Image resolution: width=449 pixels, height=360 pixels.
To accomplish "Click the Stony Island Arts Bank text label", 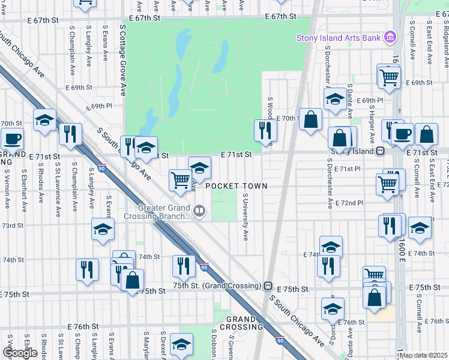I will tap(339, 38).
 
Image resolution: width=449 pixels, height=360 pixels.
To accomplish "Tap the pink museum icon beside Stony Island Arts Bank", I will tap(390, 38).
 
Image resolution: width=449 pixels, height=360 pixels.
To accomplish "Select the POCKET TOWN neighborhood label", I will tap(236, 187).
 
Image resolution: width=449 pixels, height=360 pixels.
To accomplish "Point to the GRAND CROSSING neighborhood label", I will tap(241, 323).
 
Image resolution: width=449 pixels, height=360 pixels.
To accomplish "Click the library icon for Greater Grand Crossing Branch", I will tap(199, 211).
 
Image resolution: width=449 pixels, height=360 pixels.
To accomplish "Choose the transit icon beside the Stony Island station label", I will tap(380, 151).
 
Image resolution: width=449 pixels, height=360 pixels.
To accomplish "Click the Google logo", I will tap(20, 353).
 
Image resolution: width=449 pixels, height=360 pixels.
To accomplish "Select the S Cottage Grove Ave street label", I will tap(123, 60).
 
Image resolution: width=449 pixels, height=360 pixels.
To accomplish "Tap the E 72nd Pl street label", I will tap(350, 203).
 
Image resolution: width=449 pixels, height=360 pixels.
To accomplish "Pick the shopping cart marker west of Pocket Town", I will tap(180, 179).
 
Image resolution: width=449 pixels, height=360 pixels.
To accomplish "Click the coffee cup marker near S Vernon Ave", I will tap(12, 139).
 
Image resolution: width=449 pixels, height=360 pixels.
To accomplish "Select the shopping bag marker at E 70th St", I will tap(310, 119).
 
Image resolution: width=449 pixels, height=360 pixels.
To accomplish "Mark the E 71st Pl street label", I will tap(348, 169).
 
